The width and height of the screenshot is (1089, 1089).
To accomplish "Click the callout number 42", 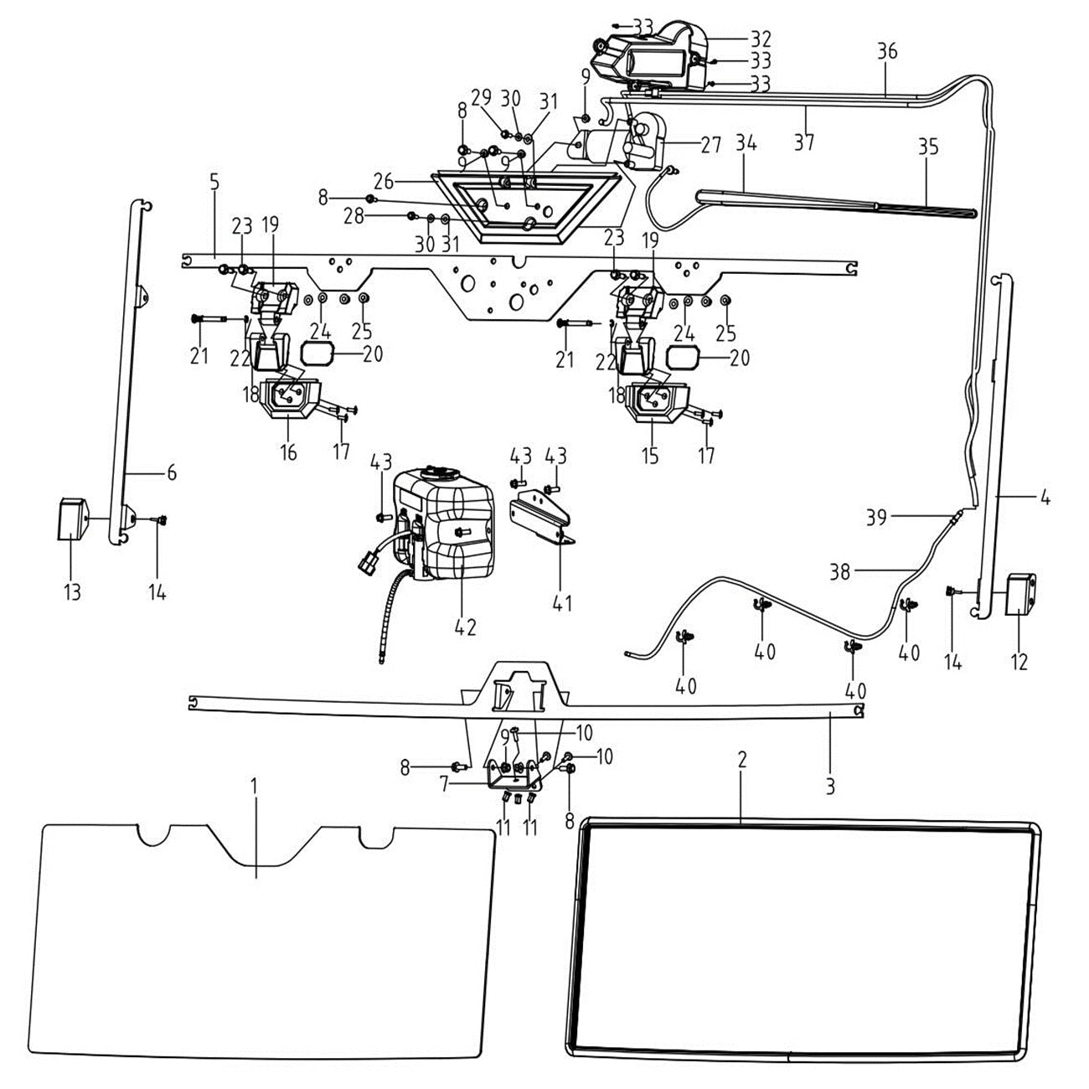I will tap(465, 626).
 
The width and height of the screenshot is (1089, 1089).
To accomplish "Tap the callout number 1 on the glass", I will tap(255, 787).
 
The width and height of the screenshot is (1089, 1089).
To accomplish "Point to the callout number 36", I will tap(887, 52).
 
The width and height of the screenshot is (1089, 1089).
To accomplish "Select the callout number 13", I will tap(72, 592).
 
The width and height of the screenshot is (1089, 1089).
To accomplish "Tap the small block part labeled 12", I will tap(1020, 593).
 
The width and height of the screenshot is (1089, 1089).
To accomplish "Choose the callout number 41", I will tap(562, 601).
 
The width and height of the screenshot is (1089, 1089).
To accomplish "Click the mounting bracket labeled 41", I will tap(543, 520).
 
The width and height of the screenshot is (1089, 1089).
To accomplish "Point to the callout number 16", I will tap(289, 453).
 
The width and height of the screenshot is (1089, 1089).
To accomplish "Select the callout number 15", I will tap(650, 456).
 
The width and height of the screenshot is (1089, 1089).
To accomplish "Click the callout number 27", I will tap(710, 145).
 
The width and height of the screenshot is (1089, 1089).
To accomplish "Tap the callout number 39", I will tap(876, 518).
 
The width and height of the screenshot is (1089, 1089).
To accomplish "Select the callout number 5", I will tap(214, 182).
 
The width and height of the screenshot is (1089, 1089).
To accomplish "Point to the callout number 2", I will tap(741, 760).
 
